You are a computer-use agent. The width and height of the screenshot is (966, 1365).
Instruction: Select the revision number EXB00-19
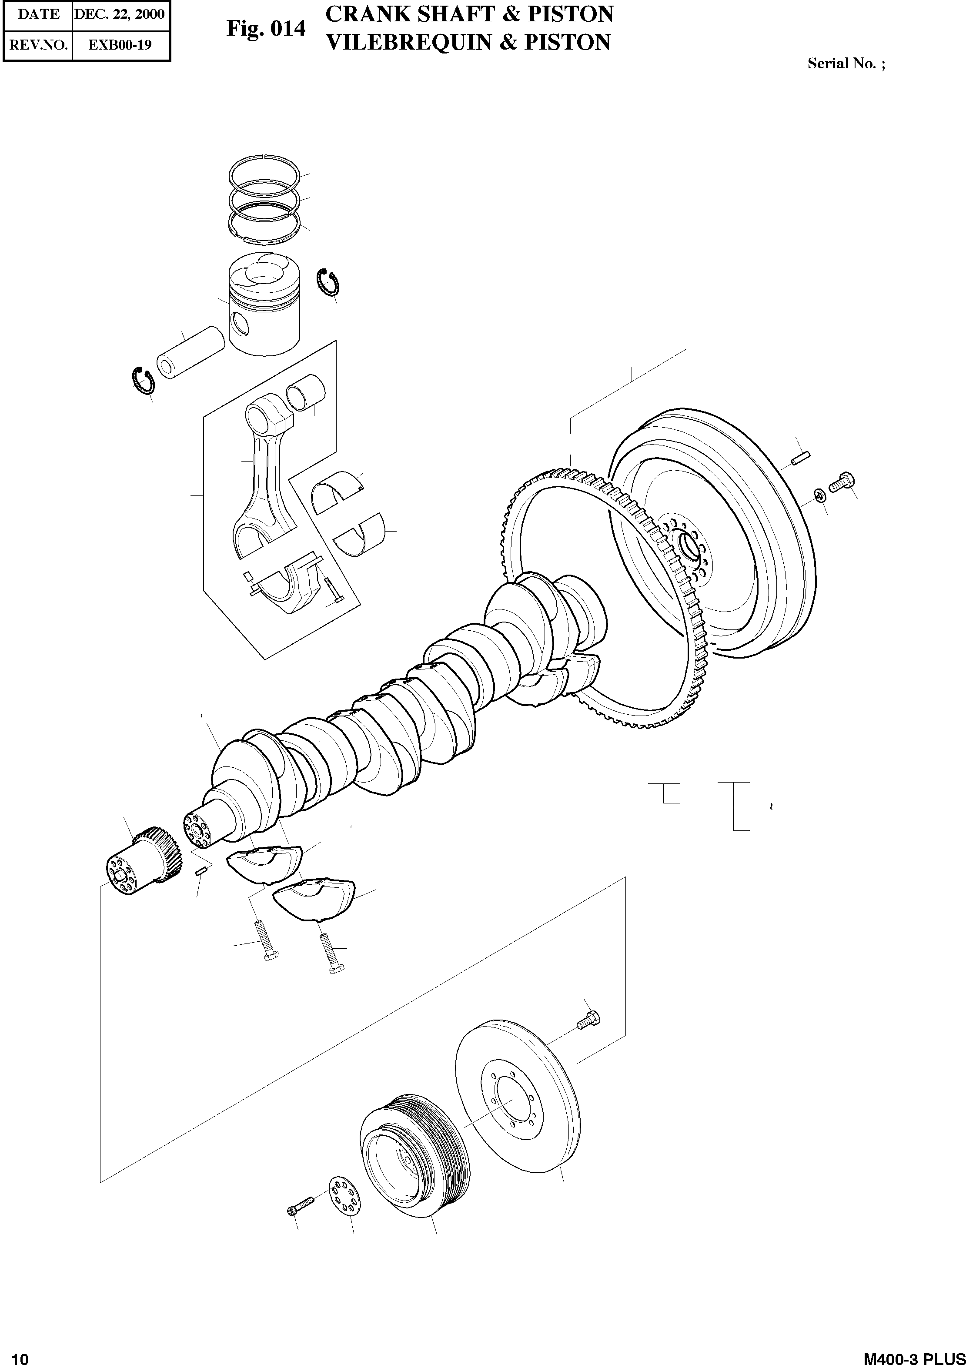pos(120,45)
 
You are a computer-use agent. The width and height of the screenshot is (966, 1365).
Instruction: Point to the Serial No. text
pos(845,64)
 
